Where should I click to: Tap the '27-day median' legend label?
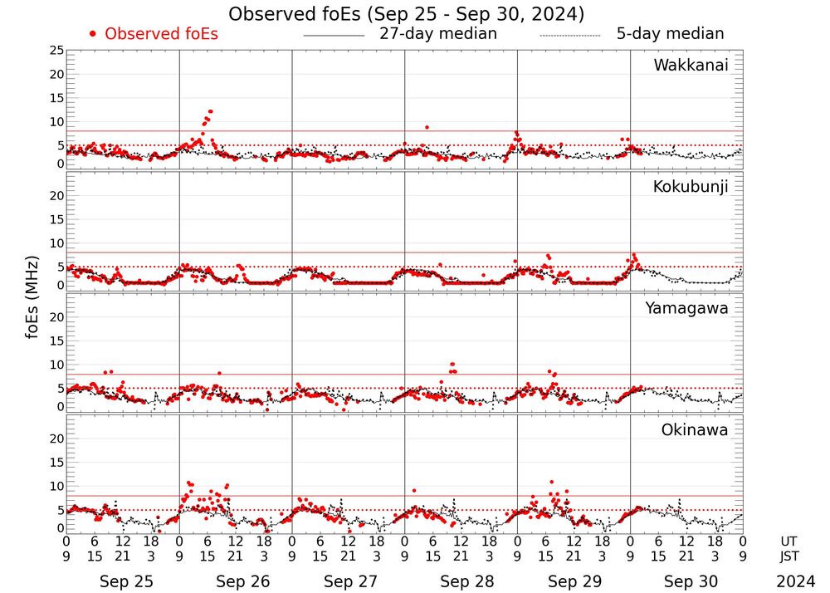[437, 34]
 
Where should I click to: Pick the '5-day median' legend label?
[670, 34]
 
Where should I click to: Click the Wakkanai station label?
[691, 66]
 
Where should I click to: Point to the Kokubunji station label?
[688, 187]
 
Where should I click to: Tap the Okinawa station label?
[694, 430]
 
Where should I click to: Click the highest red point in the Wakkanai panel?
[211, 111]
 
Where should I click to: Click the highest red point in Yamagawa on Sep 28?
[452, 364]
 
